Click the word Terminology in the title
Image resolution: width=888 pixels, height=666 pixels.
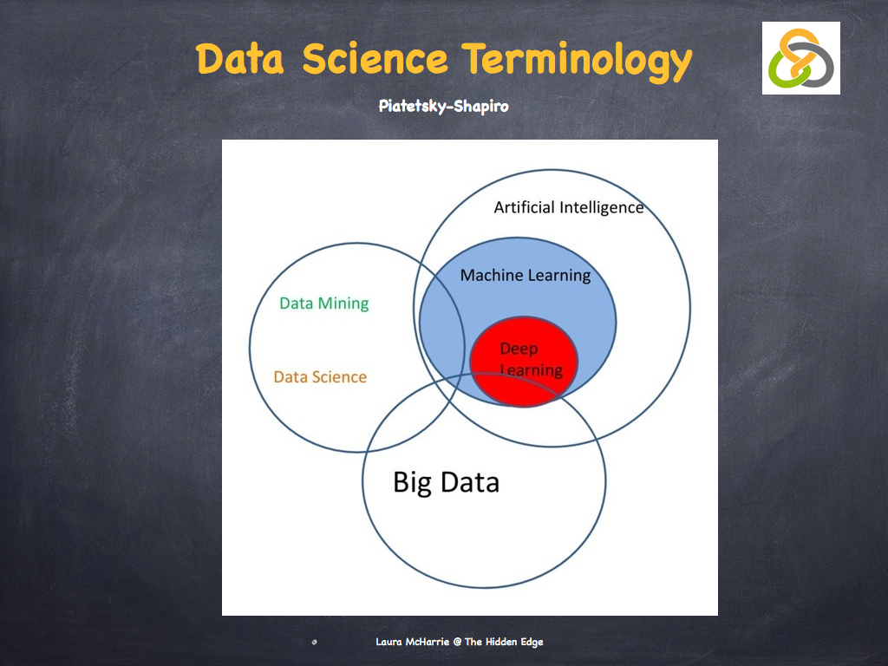click(x=578, y=59)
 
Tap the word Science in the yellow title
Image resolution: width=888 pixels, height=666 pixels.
click(x=375, y=59)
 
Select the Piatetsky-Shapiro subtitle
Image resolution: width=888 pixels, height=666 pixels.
click(x=443, y=106)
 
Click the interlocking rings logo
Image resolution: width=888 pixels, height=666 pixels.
click(x=800, y=58)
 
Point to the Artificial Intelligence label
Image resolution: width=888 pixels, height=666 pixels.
click(x=568, y=207)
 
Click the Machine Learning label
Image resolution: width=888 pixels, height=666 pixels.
click(x=525, y=275)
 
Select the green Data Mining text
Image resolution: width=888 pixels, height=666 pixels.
click(x=323, y=303)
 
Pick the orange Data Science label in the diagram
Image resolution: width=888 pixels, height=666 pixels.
click(x=320, y=376)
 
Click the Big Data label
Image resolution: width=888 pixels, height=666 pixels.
click(x=446, y=481)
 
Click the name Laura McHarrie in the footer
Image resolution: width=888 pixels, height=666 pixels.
click(x=413, y=642)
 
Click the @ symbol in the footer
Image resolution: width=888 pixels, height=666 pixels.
click(x=457, y=642)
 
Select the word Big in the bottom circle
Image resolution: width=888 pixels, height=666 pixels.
click(x=413, y=482)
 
